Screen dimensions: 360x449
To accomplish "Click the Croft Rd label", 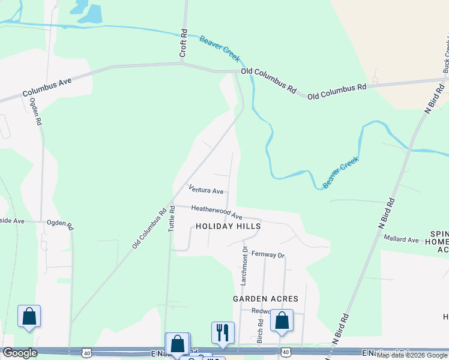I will pos(184,44).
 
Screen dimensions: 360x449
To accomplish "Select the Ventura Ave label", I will pos(206,190).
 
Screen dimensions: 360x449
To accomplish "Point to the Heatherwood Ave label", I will pos(217,212).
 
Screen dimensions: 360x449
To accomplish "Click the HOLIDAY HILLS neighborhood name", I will pos(228,226).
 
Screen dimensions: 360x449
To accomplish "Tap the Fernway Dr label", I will pos(268,254).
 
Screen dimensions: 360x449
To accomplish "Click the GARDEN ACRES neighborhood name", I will pos(266,298).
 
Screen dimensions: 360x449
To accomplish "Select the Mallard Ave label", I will pos(402,239).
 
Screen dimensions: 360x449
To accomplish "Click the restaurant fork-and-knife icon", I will pos(223,332).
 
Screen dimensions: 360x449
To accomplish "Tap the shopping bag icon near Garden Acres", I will pos(282,320).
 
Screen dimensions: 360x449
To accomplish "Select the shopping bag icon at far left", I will pos(29,316).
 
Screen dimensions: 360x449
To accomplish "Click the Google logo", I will pos(19,353).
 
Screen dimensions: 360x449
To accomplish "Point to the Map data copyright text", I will pos(412,356).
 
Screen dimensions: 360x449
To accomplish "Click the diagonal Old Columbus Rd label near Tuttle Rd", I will pos(150,228).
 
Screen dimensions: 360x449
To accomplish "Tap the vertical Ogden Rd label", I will pos(36,111).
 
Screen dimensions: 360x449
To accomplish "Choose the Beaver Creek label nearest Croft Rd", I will pos(220,48).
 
